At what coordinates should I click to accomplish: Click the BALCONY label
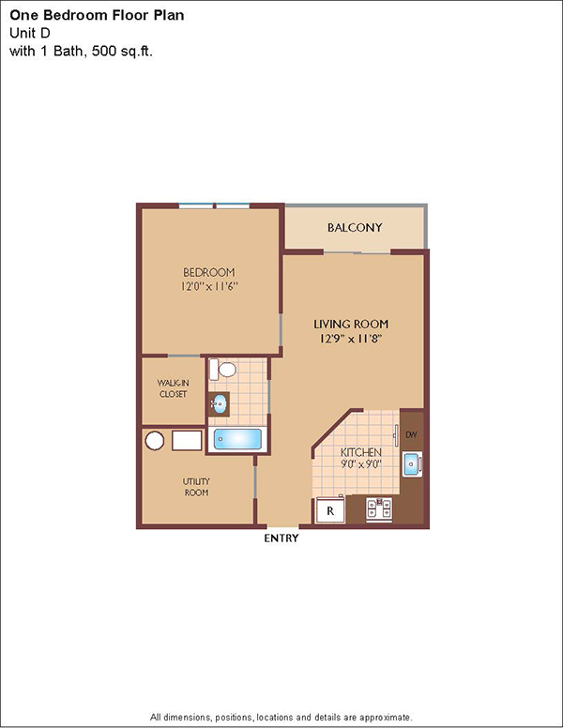tap(355, 227)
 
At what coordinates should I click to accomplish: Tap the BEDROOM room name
tap(209, 272)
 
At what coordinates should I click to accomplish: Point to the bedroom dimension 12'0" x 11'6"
tap(209, 286)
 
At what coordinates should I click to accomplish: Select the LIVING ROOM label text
tap(351, 324)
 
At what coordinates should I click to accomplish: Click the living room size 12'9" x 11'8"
tap(351, 339)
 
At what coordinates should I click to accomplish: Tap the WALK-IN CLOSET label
tap(173, 388)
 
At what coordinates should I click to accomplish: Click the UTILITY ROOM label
tap(196, 487)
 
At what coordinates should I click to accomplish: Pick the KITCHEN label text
tap(361, 452)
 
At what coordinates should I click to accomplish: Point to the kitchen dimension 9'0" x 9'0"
tap(361, 463)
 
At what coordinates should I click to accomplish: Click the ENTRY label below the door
tap(281, 538)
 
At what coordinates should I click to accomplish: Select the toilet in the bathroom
tap(222, 370)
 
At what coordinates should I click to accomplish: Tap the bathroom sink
tap(219, 404)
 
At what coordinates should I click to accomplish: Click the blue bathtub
tap(237, 439)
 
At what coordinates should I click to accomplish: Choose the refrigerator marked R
tap(330, 510)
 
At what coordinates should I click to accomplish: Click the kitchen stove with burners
tap(378, 509)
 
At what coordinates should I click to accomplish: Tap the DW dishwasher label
tap(411, 435)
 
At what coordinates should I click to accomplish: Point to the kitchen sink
tap(412, 463)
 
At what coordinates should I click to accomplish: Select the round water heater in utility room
tap(155, 441)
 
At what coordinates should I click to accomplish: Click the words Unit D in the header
tap(30, 33)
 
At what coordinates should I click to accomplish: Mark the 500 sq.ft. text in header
tap(122, 51)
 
